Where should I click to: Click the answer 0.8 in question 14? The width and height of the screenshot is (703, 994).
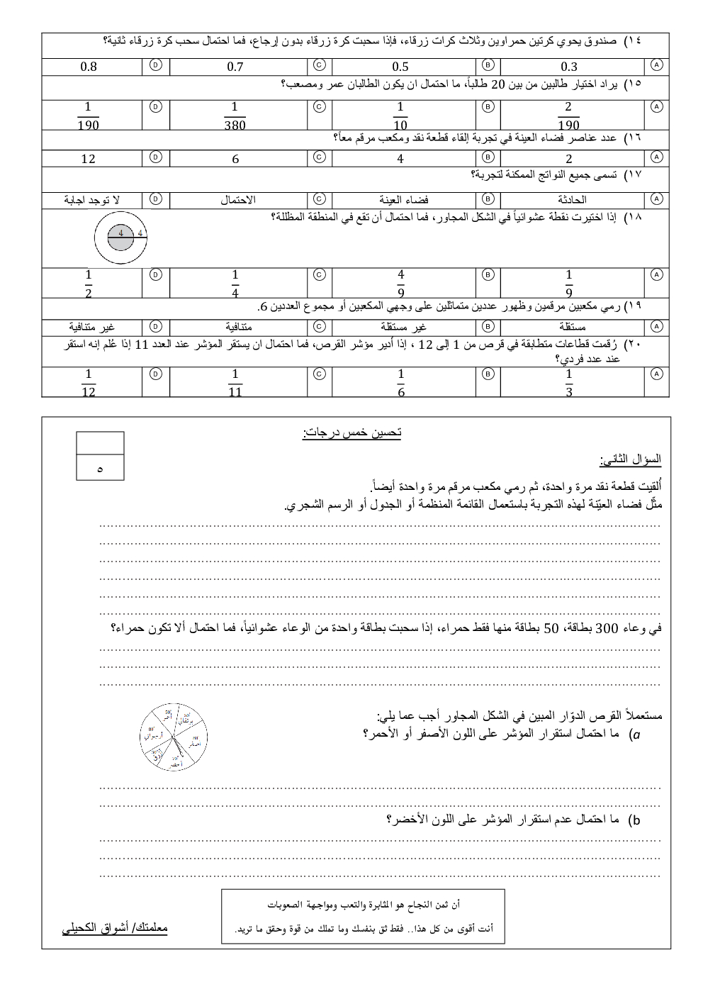89,67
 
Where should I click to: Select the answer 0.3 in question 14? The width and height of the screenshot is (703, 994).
569,67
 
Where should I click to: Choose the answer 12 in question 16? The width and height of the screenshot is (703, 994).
88,159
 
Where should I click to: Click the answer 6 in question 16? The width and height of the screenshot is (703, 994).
235,159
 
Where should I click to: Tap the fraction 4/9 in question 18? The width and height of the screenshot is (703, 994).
401,283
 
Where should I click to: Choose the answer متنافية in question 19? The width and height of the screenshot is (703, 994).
238,327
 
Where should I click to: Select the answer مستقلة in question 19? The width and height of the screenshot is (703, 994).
571,327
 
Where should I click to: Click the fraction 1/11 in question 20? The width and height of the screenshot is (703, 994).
235,383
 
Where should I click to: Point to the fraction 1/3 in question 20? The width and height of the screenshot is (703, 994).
568,383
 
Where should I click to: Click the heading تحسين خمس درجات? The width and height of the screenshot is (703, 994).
351,433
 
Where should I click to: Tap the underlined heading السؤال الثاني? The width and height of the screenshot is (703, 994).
630,460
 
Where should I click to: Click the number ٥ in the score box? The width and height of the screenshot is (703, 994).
100,469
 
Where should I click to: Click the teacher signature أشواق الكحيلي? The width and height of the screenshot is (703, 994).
115,927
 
